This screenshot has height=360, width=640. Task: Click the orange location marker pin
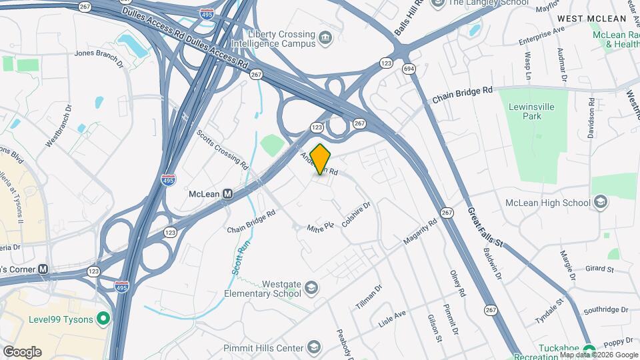pyautogui.click(x=321, y=159)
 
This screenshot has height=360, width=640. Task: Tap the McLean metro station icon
pyautogui.click(x=228, y=194)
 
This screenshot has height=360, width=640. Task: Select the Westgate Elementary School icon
pyautogui.click(x=311, y=289)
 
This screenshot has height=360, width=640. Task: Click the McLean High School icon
pyautogui.click(x=600, y=203)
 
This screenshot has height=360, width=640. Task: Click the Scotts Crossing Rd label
pyautogui.click(x=223, y=147)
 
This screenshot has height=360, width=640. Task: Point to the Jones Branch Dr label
pyautogui.click(x=99, y=57)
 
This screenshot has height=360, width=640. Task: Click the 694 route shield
pyautogui.click(x=407, y=68)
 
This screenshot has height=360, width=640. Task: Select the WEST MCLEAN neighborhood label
pyautogui.click(x=585, y=19)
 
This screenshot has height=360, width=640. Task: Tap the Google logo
pyautogui.click(x=22, y=351)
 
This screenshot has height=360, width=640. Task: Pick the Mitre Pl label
pyautogui.click(x=319, y=227)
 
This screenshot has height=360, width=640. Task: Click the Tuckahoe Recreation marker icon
pyautogui.click(x=589, y=350)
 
